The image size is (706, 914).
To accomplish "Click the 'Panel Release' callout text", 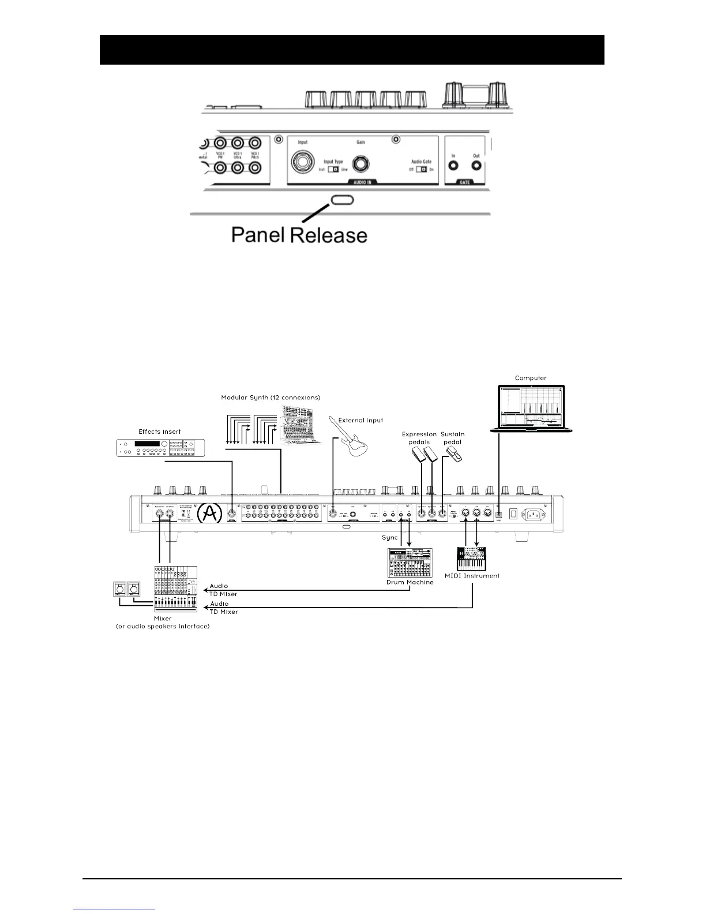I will pos(299,235).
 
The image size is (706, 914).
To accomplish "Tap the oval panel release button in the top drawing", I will pos(342,200).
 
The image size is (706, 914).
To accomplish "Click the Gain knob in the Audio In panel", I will pos(361,164).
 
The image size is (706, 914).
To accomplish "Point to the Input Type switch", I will pos(333,170).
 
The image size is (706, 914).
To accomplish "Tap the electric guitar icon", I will pos(349,441).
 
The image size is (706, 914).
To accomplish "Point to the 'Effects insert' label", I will pos(160,432).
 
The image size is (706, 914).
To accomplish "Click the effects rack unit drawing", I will pos(160,448).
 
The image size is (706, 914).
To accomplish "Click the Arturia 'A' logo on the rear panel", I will pos(209,514).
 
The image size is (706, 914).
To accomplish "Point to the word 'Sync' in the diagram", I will pos(390,537).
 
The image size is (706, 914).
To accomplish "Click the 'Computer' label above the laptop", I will pos(531,379).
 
